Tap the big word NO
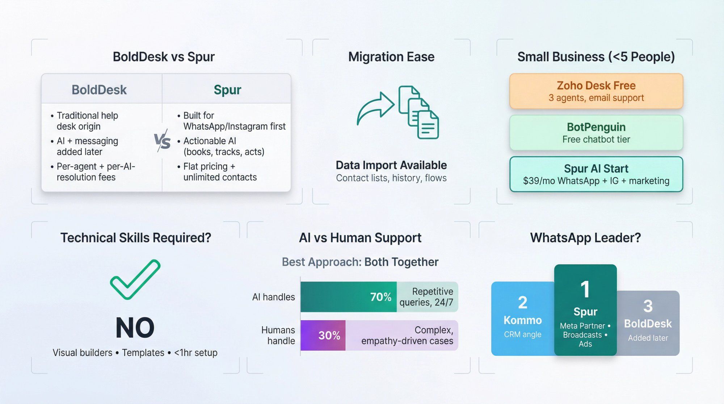135,328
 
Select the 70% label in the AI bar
380,297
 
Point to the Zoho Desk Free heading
596,85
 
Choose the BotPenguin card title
596,127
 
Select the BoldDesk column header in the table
99,90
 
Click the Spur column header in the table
227,90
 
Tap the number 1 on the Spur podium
585,290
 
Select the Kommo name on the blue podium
522,320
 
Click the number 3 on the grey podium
648,306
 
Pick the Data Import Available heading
391,165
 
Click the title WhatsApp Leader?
585,238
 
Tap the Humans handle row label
278,335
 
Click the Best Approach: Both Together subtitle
360,262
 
